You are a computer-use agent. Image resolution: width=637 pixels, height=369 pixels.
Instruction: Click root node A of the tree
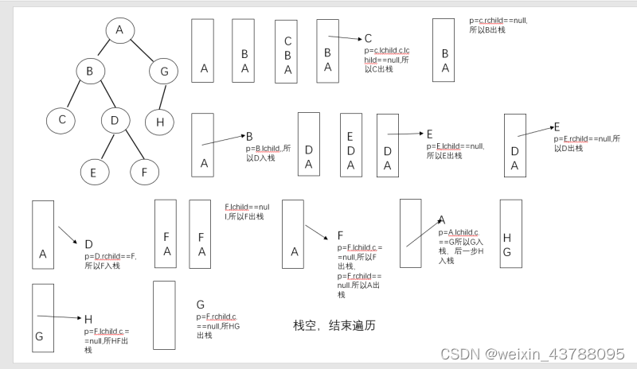[x=119, y=30]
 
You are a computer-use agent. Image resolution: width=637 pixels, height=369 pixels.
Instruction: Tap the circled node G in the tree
[x=164, y=72]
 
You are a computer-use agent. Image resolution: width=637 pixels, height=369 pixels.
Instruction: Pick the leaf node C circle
[x=61, y=121]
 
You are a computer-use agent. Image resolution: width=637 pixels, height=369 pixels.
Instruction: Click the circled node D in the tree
[x=115, y=121]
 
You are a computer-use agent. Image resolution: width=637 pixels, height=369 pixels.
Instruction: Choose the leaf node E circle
[x=93, y=172]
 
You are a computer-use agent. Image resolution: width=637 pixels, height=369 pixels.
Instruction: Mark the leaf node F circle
[x=144, y=172]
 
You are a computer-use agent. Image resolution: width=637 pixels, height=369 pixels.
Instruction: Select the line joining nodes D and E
[x=104, y=146]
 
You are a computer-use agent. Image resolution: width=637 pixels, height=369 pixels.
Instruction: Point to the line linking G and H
[x=162, y=97]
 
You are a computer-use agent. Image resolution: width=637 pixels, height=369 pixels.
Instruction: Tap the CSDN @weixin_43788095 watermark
[x=532, y=353]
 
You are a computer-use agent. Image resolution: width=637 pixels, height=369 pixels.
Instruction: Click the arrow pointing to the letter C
[x=345, y=37]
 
